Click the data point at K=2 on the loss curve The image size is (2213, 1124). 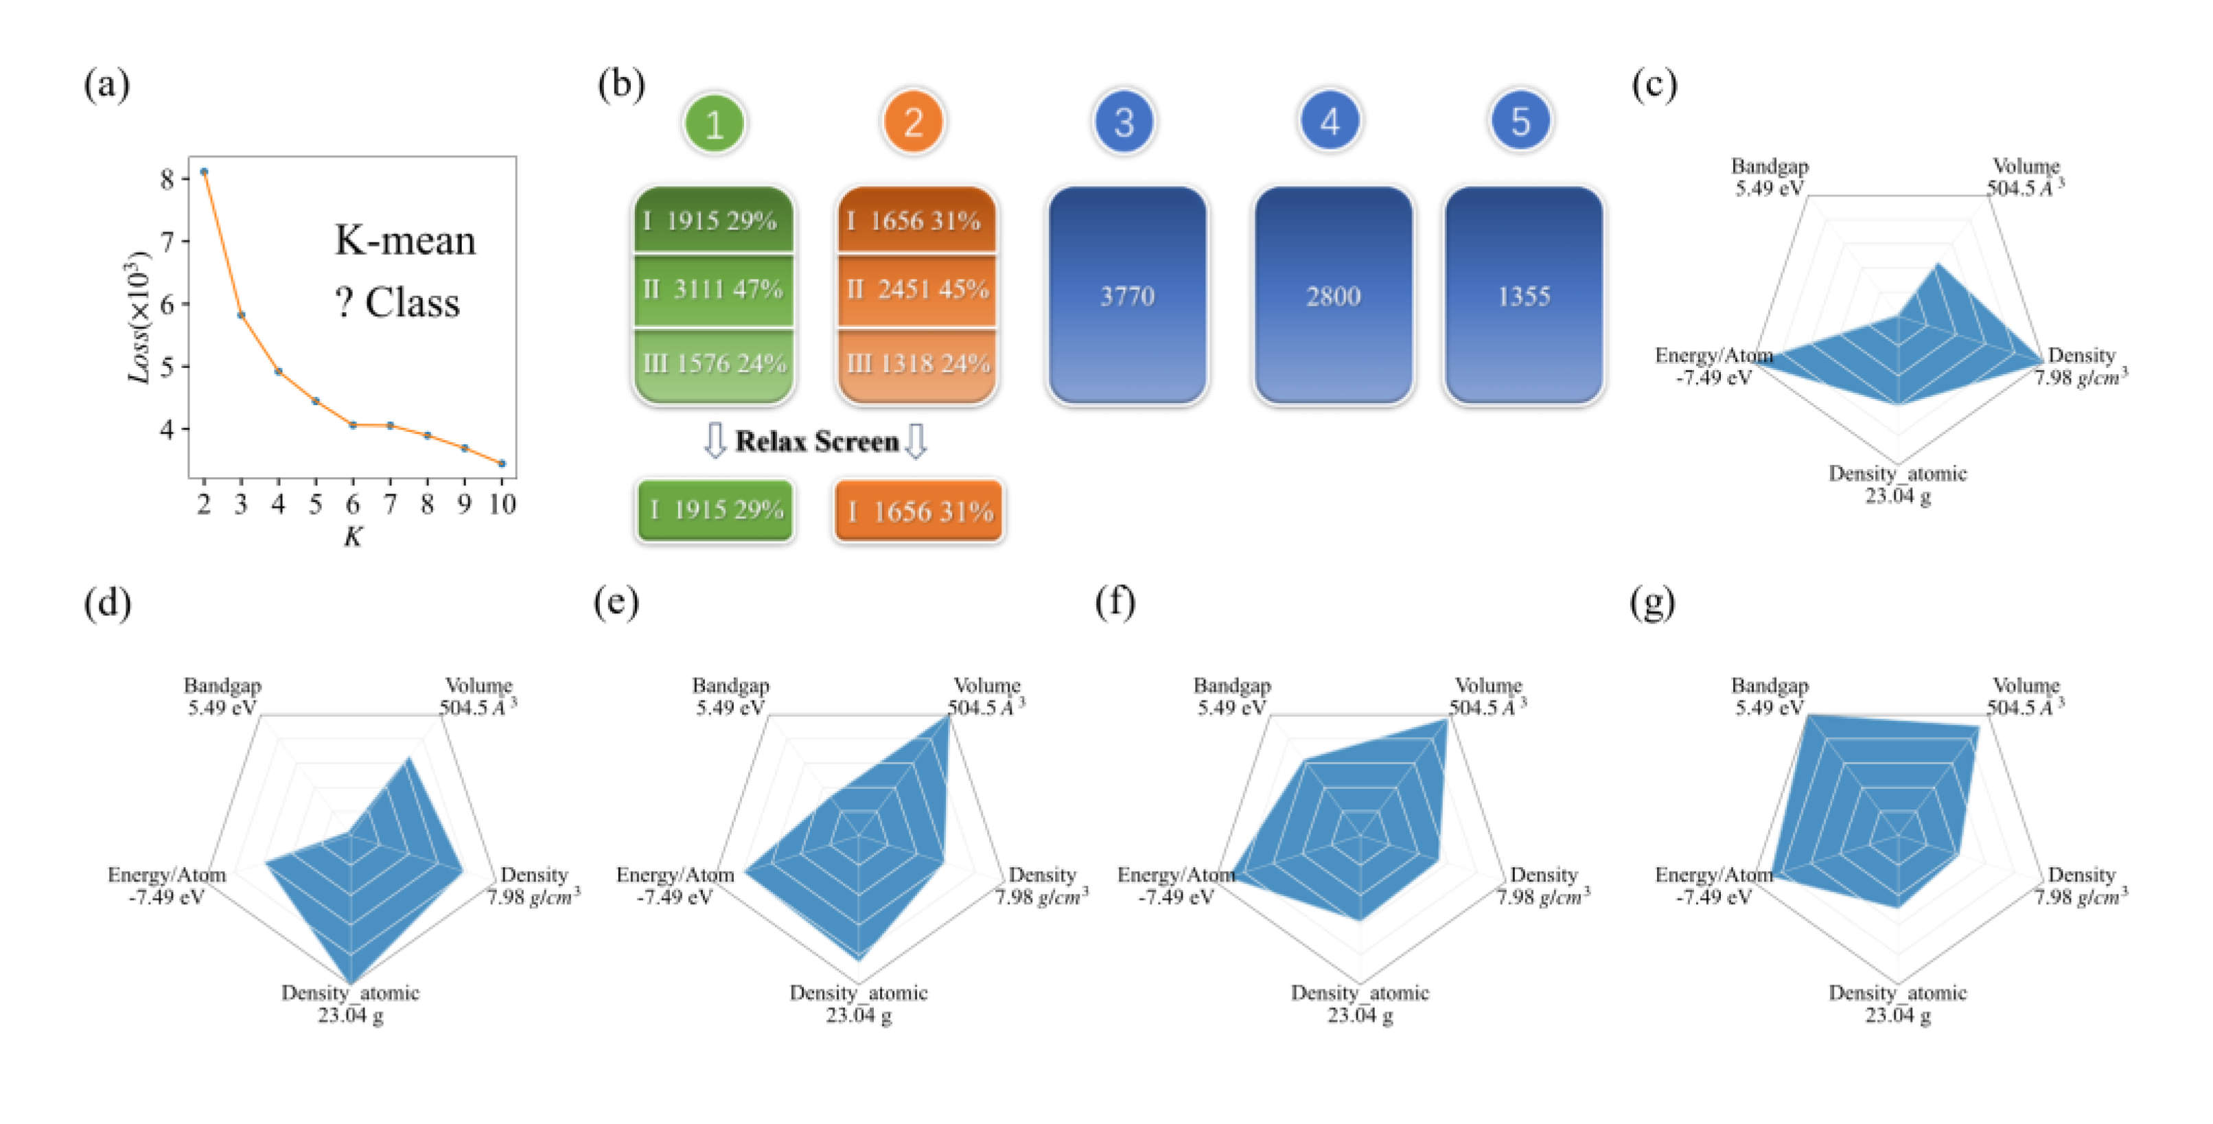pos(204,172)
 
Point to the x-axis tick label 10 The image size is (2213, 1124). pos(502,505)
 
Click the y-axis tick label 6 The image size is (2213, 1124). pos(167,304)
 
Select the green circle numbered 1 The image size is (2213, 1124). pos(714,124)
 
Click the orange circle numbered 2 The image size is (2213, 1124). pos(913,123)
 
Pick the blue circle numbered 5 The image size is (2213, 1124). pos(1520,121)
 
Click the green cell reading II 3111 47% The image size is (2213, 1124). pos(713,290)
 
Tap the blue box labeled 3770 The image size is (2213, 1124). pos(1127,297)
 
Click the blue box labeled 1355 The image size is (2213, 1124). pos(1523,297)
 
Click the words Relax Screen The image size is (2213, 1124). pos(817,441)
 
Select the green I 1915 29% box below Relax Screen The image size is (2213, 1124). pos(715,510)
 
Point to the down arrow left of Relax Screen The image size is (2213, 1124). pos(715,441)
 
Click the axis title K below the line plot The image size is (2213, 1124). pos(352,537)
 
